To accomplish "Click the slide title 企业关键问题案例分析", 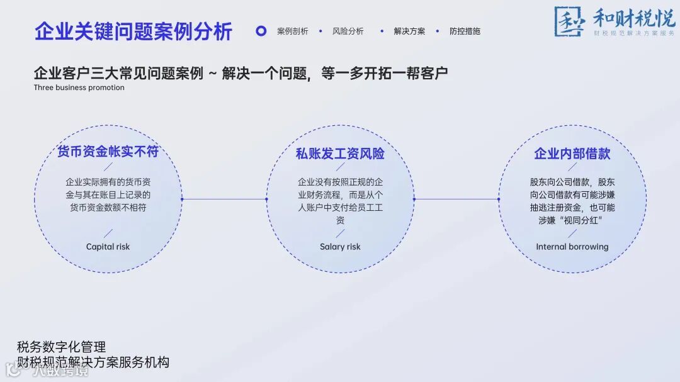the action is [133, 31].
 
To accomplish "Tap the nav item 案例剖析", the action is [293, 31].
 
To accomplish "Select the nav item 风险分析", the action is [348, 31].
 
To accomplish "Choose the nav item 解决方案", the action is [409, 31].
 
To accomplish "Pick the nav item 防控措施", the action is [465, 31].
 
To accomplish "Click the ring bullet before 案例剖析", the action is [261, 31].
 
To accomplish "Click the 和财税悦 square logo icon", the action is [569, 21].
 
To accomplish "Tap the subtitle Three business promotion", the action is [79, 88].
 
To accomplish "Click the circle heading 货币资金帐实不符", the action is [108, 152].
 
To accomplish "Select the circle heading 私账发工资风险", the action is [340, 154].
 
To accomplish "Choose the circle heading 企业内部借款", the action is [572, 154].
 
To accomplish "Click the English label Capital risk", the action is [108, 247].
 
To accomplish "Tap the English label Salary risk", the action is [340, 247].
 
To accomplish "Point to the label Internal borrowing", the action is [572, 247].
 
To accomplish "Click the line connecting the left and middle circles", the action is [224, 199].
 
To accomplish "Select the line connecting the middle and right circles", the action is [456, 199].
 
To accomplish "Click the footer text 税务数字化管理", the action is [61, 347].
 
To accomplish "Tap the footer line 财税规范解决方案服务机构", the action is [93, 362].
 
